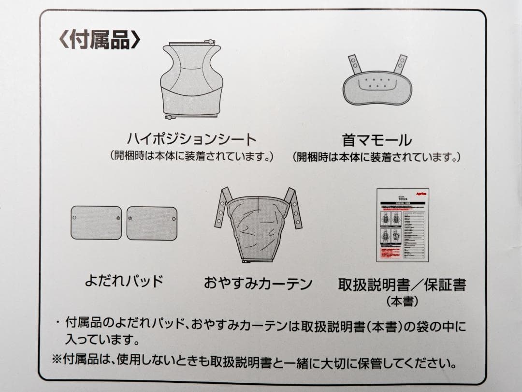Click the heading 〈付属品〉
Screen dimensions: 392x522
pos(99,40)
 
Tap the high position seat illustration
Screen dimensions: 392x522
pos(190,80)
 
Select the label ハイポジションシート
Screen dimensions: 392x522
pos(191,139)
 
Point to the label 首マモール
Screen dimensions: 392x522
pos(377,140)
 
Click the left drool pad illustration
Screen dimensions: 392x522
pos(96,223)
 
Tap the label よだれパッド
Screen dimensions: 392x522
pos(124,281)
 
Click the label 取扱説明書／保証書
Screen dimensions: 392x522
pos(402,284)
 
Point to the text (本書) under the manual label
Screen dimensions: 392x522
pos(402,301)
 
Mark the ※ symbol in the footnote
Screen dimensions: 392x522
pos(58,361)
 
